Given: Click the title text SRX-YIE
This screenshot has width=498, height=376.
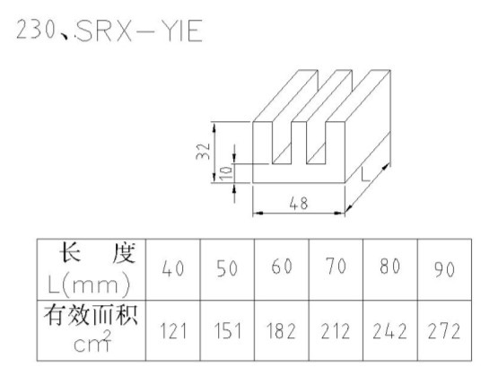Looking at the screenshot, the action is coord(139,31).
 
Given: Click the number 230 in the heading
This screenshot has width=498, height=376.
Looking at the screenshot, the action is coord(35,30).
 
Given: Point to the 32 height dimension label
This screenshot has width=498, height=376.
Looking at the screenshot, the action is coord(203,152).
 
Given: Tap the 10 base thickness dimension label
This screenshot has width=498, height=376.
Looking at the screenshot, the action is coord(226,173).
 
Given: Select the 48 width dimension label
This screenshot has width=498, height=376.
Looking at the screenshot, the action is coord(299,204).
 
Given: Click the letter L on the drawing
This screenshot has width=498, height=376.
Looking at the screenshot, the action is coord(366,174).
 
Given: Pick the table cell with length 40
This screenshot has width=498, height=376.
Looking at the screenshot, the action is coord(173,268).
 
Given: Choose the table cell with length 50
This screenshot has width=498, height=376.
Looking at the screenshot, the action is coord(227,268).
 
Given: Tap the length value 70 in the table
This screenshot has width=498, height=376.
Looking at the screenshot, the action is coord(336,267).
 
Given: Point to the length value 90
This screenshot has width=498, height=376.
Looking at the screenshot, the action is coord(444,269).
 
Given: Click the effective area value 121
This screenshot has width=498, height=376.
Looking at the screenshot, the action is coord(172,330).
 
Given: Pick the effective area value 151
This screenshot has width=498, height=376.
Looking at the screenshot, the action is coord(227,330).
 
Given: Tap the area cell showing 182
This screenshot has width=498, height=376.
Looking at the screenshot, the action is coord(282,330).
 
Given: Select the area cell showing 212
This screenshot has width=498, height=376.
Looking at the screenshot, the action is coord(336,330).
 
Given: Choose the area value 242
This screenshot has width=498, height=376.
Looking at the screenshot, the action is coord(389,330).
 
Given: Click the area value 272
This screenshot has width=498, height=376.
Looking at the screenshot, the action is coord(444,330).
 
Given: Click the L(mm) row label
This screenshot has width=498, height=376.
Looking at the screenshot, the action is coord(89,284).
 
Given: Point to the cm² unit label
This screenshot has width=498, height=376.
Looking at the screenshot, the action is coord(92,341).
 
